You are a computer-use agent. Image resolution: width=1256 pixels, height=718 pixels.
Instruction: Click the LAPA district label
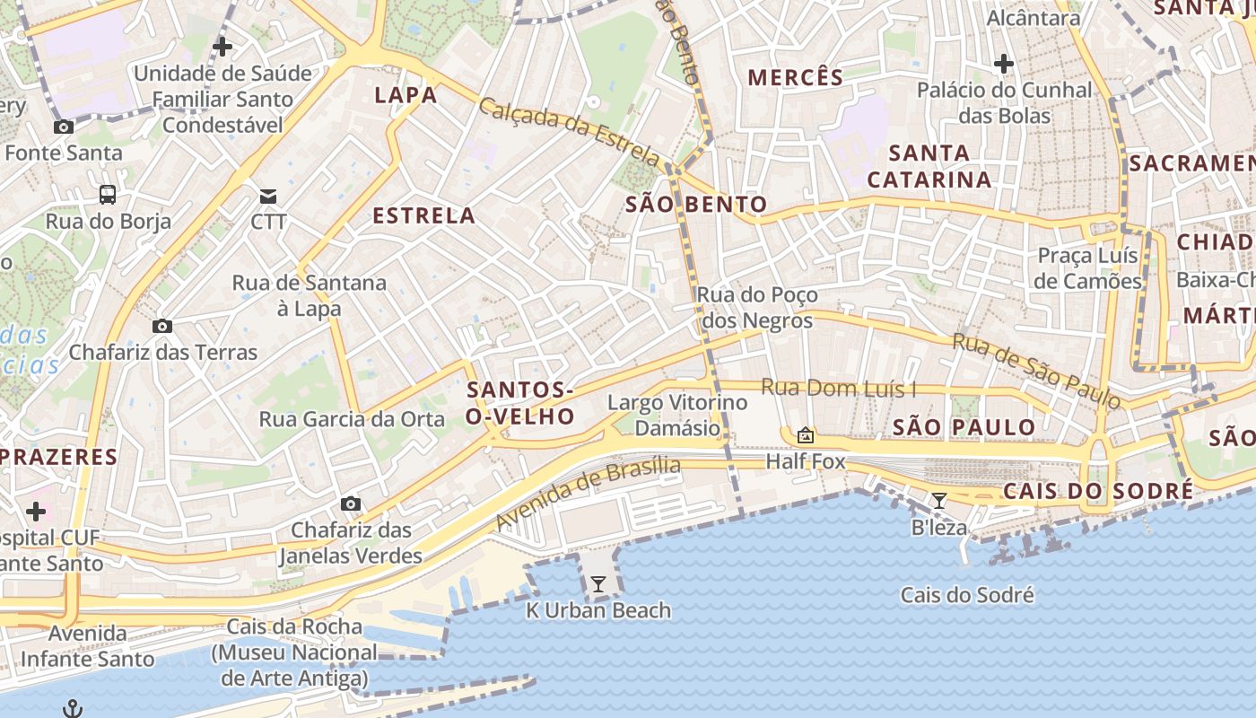[406, 95]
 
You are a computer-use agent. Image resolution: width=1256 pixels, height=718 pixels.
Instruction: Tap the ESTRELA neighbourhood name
[423, 215]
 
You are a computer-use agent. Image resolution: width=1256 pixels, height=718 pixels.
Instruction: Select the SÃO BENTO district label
[696, 205]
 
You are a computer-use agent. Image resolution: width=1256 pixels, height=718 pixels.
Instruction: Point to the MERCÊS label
[796, 77]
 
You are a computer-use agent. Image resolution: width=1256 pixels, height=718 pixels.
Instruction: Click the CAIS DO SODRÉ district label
[1098, 491]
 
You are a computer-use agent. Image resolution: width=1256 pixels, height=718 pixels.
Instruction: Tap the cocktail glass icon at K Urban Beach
[597, 584]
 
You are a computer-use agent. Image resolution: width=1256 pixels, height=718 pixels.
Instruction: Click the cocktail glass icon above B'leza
[938, 501]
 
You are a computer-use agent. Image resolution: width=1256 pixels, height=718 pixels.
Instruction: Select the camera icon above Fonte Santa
[63, 127]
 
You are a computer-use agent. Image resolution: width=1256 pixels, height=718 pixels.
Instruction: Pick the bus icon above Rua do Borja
[107, 194]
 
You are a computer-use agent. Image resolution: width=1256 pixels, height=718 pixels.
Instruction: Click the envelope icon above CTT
[267, 196]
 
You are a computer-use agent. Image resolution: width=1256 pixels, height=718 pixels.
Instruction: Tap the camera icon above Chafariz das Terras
[161, 326]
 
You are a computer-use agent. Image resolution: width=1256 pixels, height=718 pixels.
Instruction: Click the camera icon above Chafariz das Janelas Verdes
[350, 503]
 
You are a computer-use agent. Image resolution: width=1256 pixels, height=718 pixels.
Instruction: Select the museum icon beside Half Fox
[806, 435]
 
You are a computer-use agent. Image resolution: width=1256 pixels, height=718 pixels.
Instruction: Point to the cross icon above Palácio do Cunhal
[1003, 64]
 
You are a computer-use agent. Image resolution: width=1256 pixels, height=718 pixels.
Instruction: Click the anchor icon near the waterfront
[73, 709]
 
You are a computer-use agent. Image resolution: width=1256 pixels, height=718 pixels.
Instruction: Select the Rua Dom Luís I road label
[838, 389]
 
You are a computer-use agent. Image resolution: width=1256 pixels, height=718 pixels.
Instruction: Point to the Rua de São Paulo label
[1035, 370]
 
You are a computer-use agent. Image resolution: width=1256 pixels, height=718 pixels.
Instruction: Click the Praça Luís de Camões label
[1087, 268]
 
